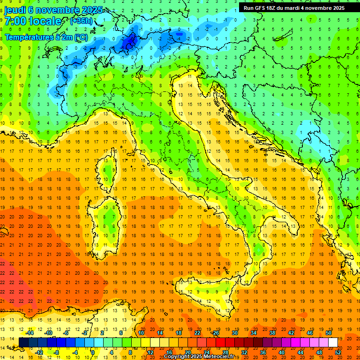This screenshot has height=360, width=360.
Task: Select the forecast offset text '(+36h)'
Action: (81, 21)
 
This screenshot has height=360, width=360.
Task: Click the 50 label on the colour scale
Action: (328, 333)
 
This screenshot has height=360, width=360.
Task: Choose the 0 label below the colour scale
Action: (92, 352)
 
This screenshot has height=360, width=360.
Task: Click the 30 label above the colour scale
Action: (234, 333)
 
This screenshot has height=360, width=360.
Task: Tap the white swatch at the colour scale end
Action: (333, 342)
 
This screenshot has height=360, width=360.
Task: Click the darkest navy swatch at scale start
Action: (23, 342)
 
